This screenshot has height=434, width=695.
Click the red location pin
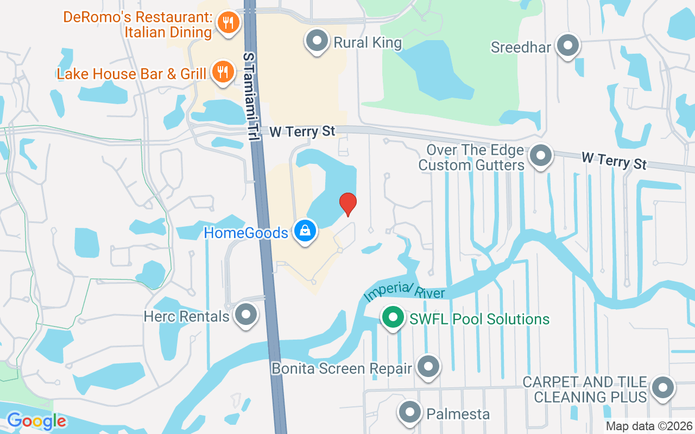point(347,204)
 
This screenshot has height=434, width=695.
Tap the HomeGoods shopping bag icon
point(306,231)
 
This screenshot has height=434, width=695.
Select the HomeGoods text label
point(246,233)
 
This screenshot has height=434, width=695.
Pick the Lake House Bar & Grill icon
point(222,72)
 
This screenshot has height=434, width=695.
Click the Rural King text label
point(368,43)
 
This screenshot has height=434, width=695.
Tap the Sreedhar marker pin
point(568,46)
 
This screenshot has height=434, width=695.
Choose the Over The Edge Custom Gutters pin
point(540,156)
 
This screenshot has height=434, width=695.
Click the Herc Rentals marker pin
point(246,314)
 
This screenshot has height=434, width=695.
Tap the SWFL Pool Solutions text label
point(479,319)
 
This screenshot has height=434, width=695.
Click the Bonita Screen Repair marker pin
point(428,367)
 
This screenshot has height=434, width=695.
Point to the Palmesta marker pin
point(410,413)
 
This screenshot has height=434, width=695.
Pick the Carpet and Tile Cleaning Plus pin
point(662,388)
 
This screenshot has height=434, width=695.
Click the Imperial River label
point(405,292)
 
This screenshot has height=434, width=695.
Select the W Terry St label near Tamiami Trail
point(303,131)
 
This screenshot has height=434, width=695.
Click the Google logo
point(36,421)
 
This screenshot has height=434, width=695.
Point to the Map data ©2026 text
point(649,426)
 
